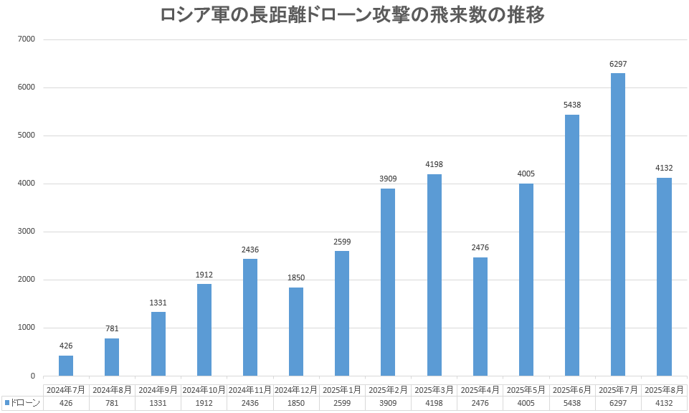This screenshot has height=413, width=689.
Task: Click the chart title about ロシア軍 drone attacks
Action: (x=352, y=15)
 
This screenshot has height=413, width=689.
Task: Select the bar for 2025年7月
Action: (x=618, y=224)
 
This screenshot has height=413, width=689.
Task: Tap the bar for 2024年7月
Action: (x=66, y=366)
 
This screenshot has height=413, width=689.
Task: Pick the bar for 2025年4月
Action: (x=480, y=317)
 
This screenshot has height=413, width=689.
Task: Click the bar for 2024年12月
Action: (x=296, y=332)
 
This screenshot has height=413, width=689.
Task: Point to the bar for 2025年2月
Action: (x=388, y=282)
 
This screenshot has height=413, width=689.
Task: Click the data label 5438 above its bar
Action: (x=572, y=105)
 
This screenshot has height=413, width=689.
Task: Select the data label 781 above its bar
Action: (x=112, y=328)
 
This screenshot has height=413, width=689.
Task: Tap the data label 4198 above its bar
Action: (x=434, y=164)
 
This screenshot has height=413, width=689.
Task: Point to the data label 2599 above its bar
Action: (x=342, y=242)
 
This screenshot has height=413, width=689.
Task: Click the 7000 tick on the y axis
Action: (x=26, y=39)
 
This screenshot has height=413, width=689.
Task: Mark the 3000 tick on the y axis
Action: (x=26, y=232)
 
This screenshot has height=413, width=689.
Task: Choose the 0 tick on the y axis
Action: (x=32, y=376)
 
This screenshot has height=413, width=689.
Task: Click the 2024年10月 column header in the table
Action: (x=204, y=390)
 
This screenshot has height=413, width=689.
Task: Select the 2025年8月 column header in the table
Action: (x=664, y=390)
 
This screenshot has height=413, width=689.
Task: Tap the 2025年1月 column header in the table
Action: (x=342, y=390)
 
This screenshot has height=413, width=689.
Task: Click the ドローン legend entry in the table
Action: (x=22, y=403)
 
